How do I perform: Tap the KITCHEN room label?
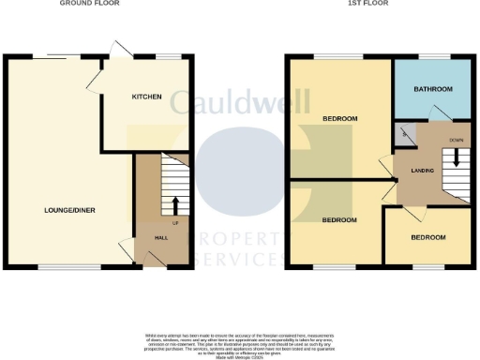pyautogui.click(x=146, y=97)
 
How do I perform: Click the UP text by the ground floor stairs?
pyautogui.click(x=174, y=222)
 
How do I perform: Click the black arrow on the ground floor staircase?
pyautogui.click(x=174, y=204)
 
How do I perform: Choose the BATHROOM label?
pyautogui.click(x=433, y=89)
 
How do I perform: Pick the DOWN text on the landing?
pyautogui.click(x=457, y=140)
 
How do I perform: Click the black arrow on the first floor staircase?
pyautogui.click(x=457, y=159)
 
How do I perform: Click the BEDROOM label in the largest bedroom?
pyautogui.click(x=339, y=118)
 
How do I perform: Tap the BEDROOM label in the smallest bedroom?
pyautogui.click(x=427, y=237)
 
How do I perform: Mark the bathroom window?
pyautogui.click(x=432, y=57)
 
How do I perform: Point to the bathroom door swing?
pyautogui.click(x=435, y=114)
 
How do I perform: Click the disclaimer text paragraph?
pyautogui.click(x=239, y=345)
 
